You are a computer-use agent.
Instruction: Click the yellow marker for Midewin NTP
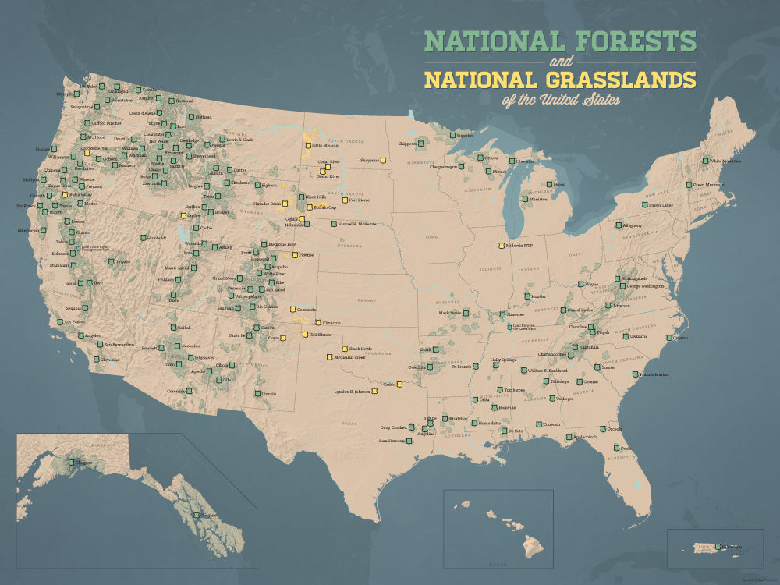pos(502,246)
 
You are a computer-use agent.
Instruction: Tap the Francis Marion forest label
pos(654,374)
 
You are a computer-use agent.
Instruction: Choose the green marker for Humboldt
pos(144,238)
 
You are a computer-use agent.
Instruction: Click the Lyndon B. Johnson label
pos(351,392)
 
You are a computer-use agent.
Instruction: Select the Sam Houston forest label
pos(393,441)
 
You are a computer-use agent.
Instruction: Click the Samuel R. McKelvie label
pos(358,224)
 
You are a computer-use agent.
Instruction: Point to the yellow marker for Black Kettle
pos(344,348)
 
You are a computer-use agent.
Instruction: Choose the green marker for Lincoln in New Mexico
pos(258,394)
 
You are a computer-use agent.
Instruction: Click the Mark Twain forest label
pos(450,313)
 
